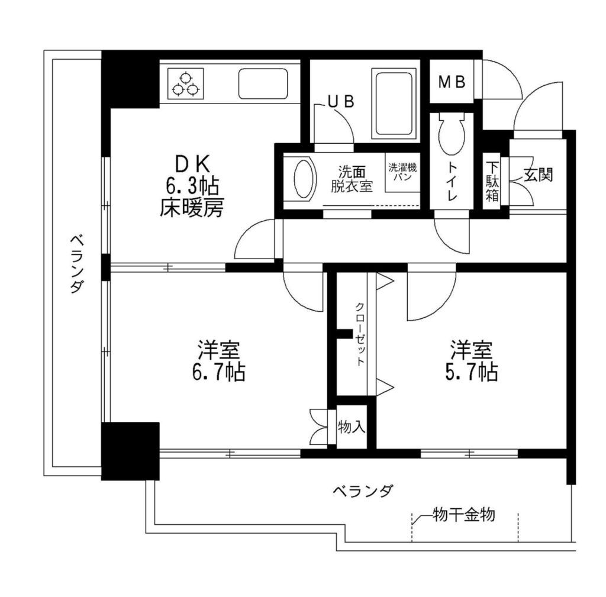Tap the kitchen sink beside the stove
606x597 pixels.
(263, 84)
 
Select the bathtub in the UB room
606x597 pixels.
(394, 102)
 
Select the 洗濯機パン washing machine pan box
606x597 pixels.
(403, 173)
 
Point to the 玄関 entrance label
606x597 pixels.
(537, 175)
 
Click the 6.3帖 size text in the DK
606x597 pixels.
(192, 187)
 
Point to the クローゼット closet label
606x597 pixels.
(359, 335)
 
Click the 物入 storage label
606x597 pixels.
(352, 427)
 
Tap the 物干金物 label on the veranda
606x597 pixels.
(463, 515)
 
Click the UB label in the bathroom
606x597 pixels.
(341, 102)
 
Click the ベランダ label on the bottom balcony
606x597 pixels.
(362, 490)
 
